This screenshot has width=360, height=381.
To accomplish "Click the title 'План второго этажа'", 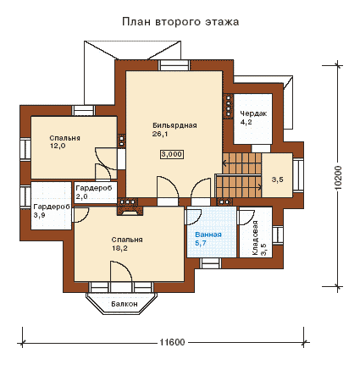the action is (x=180, y=22).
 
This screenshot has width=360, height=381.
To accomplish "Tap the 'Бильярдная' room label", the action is (x=174, y=125).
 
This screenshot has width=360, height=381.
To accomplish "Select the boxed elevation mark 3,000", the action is (x=172, y=154).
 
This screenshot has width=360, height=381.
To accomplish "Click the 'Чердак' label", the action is (x=253, y=113).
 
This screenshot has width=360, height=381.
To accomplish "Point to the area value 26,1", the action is (x=160, y=134).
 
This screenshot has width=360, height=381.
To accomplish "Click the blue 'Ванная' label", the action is (x=208, y=235).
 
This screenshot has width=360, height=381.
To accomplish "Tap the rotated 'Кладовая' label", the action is (x=255, y=238).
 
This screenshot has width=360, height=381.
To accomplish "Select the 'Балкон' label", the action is (x=125, y=304).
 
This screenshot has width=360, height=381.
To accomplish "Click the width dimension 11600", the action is (x=172, y=342).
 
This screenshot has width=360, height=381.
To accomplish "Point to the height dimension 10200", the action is (x=338, y=178).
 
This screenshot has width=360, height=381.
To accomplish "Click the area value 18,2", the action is (x=119, y=248).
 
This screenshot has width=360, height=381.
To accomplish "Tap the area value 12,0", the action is (x=58, y=146).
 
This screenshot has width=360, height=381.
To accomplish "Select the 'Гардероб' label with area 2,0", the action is (x=94, y=188).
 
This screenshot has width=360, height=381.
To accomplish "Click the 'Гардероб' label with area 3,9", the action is (x=52, y=207).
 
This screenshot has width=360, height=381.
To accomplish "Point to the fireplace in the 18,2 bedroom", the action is (x=130, y=211).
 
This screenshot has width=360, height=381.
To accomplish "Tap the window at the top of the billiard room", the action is (x=174, y=65).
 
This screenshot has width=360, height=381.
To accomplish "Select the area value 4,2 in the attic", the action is (x=246, y=122).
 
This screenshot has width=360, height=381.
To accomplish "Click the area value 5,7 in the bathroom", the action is (x=201, y=243).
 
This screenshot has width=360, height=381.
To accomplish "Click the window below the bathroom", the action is (x=211, y=262).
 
